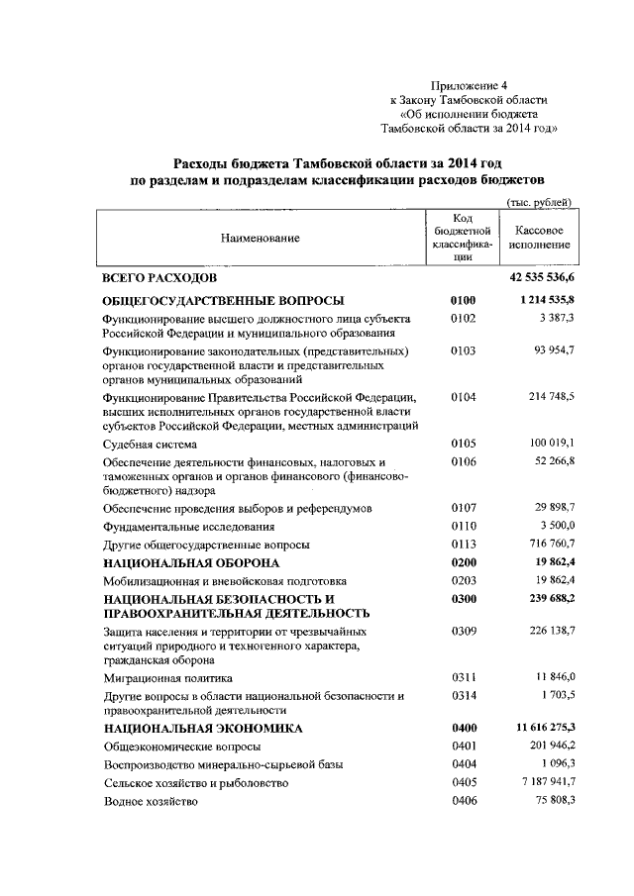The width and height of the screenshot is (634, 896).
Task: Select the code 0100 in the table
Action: pyautogui.click(x=464, y=301)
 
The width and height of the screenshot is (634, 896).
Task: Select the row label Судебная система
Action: pyautogui.click(x=150, y=445)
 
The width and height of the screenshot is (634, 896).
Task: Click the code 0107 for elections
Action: pyautogui.click(x=464, y=508)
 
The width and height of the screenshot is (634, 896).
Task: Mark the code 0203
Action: pyautogui.click(x=464, y=581)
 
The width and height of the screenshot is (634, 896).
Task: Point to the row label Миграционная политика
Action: pyautogui.click(x=167, y=678)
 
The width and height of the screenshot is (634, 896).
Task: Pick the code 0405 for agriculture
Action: pyautogui.click(x=464, y=783)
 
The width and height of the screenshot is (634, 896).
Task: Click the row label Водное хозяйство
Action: pyautogui.click(x=151, y=801)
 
